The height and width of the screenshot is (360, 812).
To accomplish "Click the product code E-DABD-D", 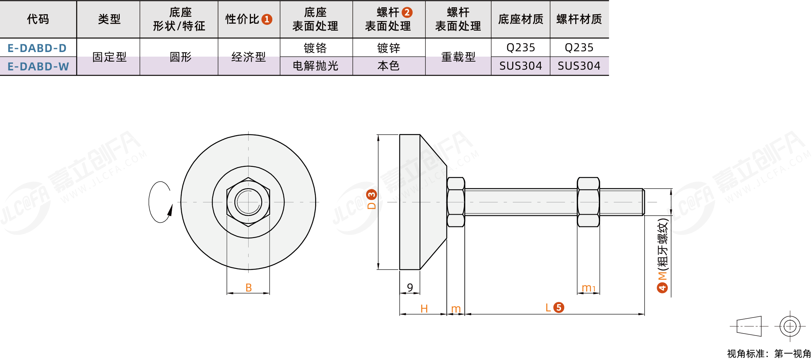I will [37, 48].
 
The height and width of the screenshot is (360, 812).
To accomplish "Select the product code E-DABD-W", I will [38, 67].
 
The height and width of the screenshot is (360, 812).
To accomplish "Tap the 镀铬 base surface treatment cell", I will [315, 48].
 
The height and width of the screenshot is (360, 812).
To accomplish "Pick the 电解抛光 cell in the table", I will [315, 66].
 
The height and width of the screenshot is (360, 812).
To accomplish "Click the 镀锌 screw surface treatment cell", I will [388, 48].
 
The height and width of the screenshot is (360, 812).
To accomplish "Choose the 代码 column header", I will [38, 19].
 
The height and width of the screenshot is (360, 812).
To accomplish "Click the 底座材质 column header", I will [520, 19].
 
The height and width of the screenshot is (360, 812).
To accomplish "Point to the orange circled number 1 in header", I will [267, 19].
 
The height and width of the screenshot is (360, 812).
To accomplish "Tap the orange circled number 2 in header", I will [407, 13].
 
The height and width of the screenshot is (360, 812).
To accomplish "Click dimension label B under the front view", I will [249, 287].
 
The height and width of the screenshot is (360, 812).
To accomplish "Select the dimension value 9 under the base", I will [410, 287].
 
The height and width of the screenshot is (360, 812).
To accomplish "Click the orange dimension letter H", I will [424, 308].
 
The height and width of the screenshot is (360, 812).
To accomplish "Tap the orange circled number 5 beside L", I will [559, 307].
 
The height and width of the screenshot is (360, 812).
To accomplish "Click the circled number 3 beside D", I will [371, 195].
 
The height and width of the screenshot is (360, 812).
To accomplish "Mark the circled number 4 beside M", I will [662, 287].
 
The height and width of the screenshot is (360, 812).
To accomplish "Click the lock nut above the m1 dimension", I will [588, 202].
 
